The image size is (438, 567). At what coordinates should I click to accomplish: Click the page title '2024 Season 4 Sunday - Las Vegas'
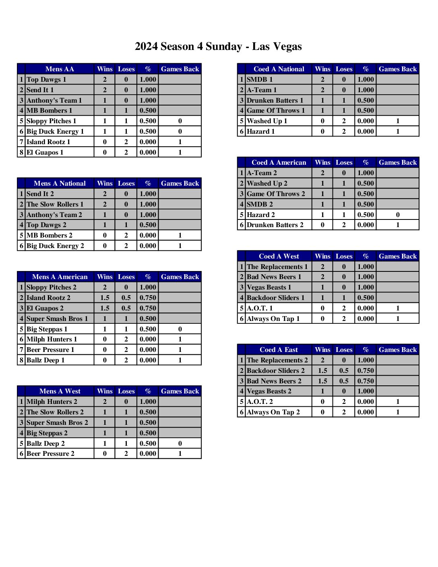click(x=218, y=47)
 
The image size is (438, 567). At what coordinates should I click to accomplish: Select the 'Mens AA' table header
click(x=60, y=69)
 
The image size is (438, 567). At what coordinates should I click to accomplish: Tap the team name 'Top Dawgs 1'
click(x=46, y=79)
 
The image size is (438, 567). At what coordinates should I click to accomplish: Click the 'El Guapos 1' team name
click(x=45, y=152)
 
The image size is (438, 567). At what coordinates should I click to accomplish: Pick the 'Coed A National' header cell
click(x=279, y=69)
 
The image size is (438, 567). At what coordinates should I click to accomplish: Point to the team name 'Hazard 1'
click(x=260, y=131)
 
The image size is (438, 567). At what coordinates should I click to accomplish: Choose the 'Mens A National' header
click(x=60, y=183)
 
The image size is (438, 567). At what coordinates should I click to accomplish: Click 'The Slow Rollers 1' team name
click(x=55, y=204)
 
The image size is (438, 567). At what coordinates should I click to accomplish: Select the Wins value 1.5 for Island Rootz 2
click(x=105, y=298)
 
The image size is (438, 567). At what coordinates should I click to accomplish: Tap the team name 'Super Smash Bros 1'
click(x=57, y=319)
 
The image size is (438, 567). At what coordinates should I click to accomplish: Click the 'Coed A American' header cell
click(x=279, y=162)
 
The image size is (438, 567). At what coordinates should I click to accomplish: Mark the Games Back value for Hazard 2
click(x=397, y=215)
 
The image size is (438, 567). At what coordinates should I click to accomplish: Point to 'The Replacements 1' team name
click(x=277, y=267)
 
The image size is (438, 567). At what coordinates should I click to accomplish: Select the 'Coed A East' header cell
click(x=279, y=350)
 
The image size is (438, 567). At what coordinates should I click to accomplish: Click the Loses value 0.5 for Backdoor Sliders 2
click(x=344, y=370)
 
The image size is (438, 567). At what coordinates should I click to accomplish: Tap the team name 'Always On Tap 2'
click(x=273, y=412)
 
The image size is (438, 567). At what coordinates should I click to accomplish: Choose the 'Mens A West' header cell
click(x=60, y=391)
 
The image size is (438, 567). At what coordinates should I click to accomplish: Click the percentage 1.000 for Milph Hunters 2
click(x=148, y=401)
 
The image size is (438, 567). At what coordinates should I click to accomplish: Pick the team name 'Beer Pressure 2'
click(x=50, y=453)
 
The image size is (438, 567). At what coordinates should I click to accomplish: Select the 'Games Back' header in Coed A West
click(x=397, y=256)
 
